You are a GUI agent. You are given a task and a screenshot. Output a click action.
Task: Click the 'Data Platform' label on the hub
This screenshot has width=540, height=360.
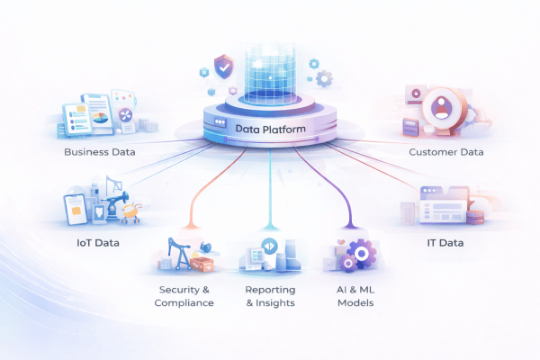click(270, 129)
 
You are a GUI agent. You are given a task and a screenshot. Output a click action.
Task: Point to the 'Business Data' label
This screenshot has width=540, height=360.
click(100, 152)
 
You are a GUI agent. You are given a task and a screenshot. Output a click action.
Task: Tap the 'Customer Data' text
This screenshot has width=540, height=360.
click(445, 152)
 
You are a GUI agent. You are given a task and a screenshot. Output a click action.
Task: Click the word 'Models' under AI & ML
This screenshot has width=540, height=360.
click(355, 303)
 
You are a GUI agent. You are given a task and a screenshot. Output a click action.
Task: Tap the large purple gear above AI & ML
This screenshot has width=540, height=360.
click(363, 253)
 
